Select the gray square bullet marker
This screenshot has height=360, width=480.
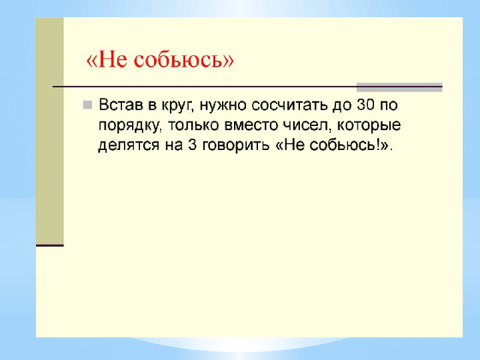click(x=88, y=105)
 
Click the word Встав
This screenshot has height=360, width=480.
click(x=121, y=105)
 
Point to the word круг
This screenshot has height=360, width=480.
click(x=178, y=106)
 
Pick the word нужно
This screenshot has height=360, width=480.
click(x=223, y=106)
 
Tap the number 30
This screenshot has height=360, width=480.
click(x=365, y=105)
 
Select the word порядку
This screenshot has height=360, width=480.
click(x=130, y=126)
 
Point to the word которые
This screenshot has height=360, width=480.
click(x=368, y=125)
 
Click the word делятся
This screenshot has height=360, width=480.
click(x=129, y=145)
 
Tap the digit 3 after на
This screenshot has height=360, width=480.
click(x=192, y=145)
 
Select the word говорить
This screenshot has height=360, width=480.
click(x=235, y=145)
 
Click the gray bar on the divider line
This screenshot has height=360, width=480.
click(x=400, y=87)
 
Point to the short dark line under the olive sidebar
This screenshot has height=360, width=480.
click(x=50, y=245)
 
